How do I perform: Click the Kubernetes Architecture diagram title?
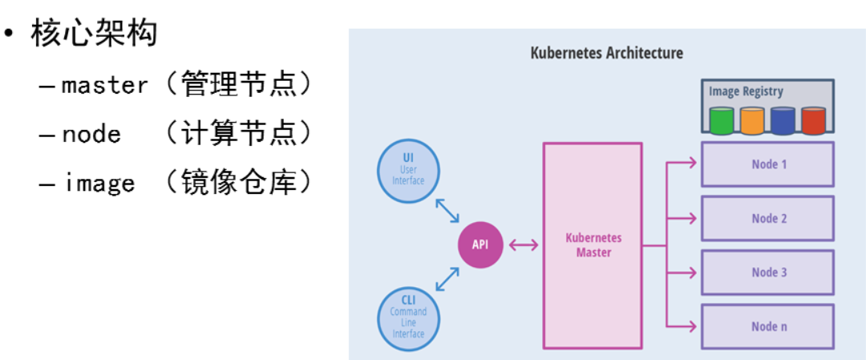tap(606, 54)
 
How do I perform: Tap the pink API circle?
tap(480, 245)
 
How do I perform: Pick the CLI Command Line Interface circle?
tap(408, 317)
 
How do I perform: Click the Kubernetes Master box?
tap(593, 245)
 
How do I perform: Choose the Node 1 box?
tap(767, 164)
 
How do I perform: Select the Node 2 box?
tap(767, 218)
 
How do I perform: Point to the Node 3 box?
tap(767, 273)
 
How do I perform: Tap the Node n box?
tap(767, 326)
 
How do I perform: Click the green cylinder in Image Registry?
tap(722, 120)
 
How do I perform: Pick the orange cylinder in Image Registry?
tap(752, 120)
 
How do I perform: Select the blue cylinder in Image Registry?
tap(783, 120)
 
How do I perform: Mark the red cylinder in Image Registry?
tap(813, 120)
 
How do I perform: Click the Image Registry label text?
tap(746, 91)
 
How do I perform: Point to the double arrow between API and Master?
tap(524, 245)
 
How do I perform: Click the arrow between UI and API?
tap(447, 210)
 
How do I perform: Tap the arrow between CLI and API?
tap(447, 280)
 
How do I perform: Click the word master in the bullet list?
tap(105, 85)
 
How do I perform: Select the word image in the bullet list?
tap(99, 184)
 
